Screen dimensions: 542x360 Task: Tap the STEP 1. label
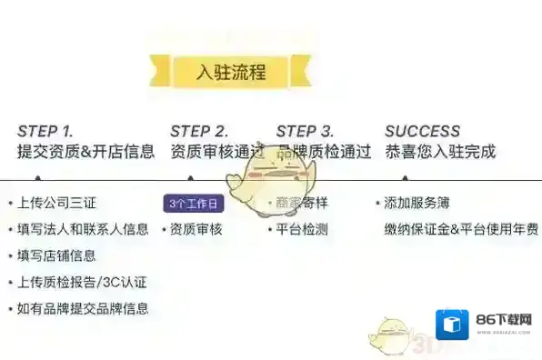coord(45,131)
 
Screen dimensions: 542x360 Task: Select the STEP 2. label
coord(198,131)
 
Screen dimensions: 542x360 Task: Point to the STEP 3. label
coord(305,131)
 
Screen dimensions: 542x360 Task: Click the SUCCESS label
coord(422,131)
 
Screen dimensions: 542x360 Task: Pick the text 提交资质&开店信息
coord(85,152)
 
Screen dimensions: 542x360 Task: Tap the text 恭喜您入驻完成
coord(440,152)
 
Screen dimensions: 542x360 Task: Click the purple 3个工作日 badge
coord(194,204)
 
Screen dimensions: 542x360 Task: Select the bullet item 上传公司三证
coord(54,203)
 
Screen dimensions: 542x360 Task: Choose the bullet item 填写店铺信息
coord(56,255)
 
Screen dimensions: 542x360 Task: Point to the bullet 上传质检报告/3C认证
coord(81,282)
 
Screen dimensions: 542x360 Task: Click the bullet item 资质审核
coord(196,229)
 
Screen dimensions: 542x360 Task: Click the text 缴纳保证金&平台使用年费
coord(460,229)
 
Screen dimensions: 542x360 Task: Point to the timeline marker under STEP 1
coord(38,178)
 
